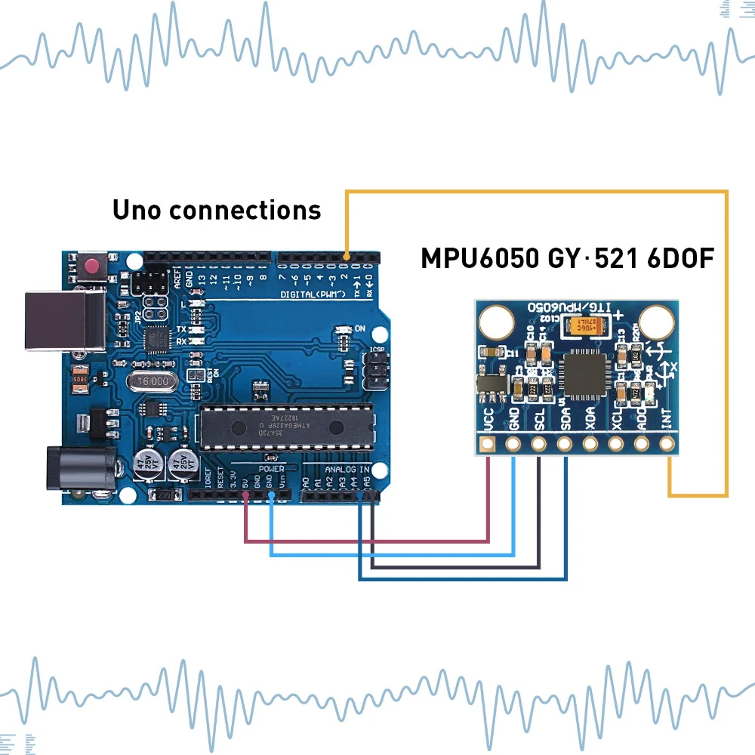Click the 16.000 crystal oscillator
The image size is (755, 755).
(x=152, y=382)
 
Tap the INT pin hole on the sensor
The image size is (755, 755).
(x=667, y=443)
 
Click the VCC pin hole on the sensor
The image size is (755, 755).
(x=488, y=443)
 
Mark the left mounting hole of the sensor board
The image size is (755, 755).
(x=495, y=321)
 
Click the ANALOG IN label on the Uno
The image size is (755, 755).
(x=347, y=470)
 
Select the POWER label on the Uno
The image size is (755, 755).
(x=271, y=469)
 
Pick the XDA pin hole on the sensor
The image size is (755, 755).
(x=590, y=443)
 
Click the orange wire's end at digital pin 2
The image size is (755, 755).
(x=346, y=260)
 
